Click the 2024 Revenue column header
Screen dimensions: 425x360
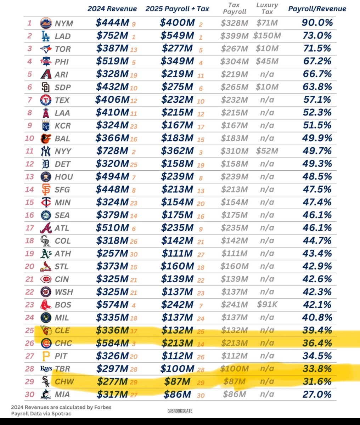point(112,9)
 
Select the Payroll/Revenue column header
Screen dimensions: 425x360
point(317,9)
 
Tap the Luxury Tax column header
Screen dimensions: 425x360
point(267,8)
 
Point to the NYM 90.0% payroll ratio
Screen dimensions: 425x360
point(317,23)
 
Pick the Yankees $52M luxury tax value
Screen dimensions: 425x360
point(267,151)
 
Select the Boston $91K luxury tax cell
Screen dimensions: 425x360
point(267,304)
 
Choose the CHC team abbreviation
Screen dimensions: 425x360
point(63,343)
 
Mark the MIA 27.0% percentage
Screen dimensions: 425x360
point(317,394)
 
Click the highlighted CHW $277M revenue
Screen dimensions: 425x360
point(112,381)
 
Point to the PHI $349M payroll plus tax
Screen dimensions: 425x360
point(177,61)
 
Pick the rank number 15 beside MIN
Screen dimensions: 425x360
point(30,202)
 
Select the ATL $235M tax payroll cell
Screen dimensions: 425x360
point(234,228)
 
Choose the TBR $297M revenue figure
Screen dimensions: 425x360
point(112,369)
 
